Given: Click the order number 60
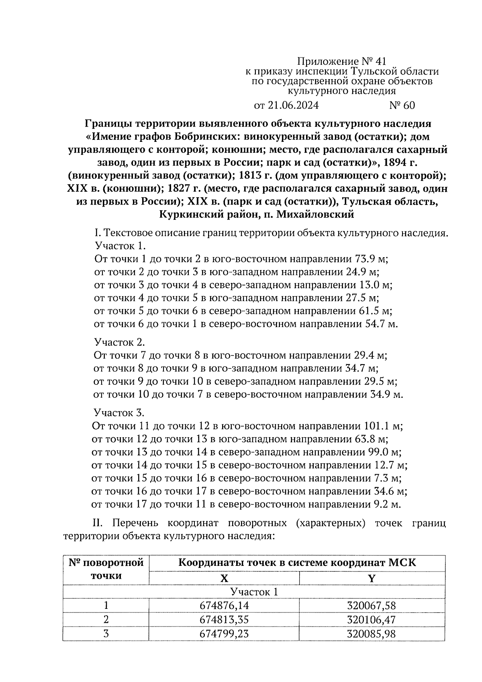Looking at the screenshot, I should (x=402, y=105).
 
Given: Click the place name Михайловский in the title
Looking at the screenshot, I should (x=314, y=214).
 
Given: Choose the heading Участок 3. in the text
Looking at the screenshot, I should (x=118, y=413).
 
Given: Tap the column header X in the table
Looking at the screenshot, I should (x=224, y=578).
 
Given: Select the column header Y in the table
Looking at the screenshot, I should (x=372, y=578).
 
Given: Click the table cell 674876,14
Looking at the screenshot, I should (x=224, y=606).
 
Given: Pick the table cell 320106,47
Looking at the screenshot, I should (x=372, y=619).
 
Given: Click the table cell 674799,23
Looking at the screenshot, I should (x=224, y=634).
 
